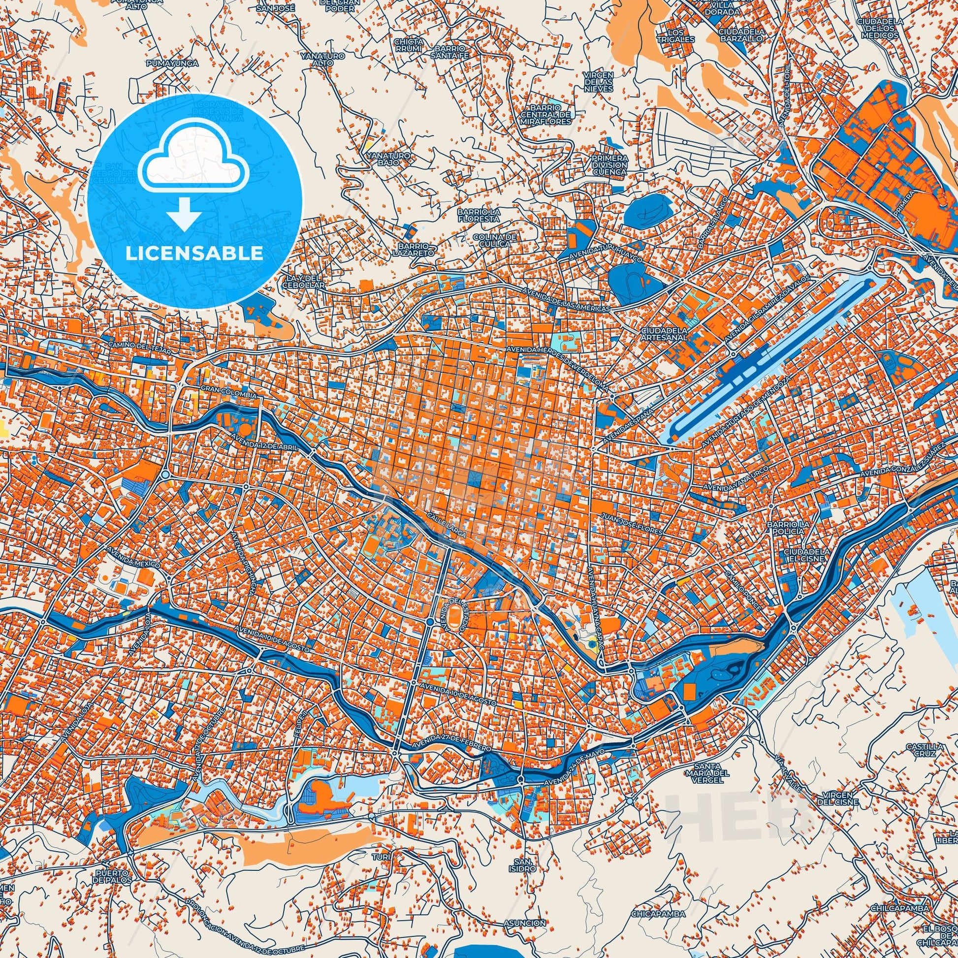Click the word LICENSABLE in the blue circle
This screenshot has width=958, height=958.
[x=194, y=254]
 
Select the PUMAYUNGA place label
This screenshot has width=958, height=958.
[x=172, y=64]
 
